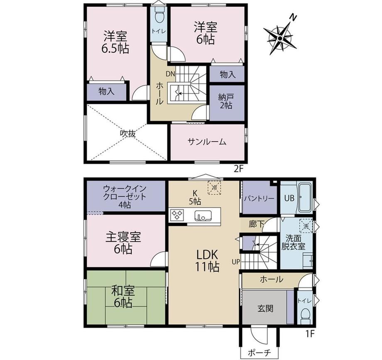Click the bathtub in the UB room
306,198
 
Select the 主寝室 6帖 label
123,243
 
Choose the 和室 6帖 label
123,296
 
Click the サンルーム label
207,142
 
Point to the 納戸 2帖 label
225,101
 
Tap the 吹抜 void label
127,133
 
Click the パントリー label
260,198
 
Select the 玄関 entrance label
265,309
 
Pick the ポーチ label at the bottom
260,353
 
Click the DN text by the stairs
171,74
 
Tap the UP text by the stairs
236,262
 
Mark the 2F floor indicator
239,169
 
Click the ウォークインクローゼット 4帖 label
125,196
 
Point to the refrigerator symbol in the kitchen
215,188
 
